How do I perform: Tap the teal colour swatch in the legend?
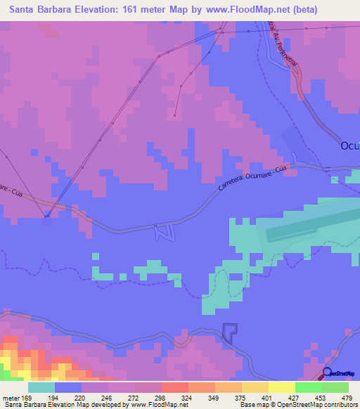click(x=41, y=388)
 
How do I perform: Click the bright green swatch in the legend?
click(x=309, y=388)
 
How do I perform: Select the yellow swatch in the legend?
click(x=281, y=388)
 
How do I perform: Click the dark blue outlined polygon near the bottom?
click(x=230, y=332)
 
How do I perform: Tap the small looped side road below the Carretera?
click(x=163, y=232)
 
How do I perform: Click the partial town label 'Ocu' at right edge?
click(x=349, y=146)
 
